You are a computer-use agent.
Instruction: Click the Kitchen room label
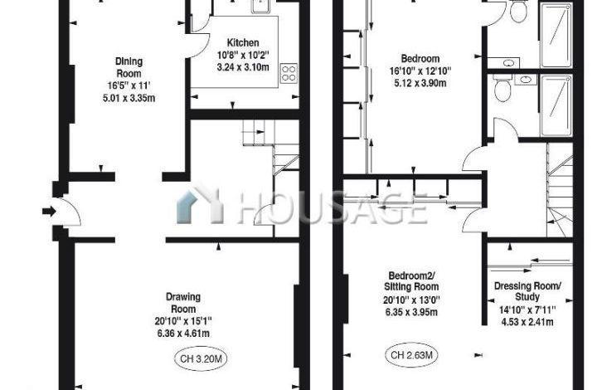[x=243, y=42]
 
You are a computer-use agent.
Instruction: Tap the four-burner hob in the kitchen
[x=289, y=73]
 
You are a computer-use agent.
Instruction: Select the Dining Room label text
[x=129, y=67]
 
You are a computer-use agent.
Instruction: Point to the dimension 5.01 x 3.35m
[x=129, y=99]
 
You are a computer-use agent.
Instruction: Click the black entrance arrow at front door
[x=49, y=211]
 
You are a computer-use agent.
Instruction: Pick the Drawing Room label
[x=183, y=303]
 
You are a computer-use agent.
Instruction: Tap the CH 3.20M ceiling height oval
[x=201, y=359]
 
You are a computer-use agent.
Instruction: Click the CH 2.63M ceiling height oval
[x=411, y=355]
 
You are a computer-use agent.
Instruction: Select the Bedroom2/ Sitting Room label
[x=411, y=280]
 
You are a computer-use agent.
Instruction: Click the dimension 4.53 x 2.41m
[x=527, y=322]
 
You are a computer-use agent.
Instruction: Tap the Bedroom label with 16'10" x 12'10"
[x=420, y=59]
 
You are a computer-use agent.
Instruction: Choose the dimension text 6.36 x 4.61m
[x=183, y=334]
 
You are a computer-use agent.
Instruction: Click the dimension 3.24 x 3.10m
[x=243, y=67]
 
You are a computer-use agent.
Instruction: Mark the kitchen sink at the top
[x=261, y=6]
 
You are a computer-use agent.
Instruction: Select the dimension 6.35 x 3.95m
[x=411, y=312]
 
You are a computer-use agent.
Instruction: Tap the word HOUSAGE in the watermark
[x=332, y=208]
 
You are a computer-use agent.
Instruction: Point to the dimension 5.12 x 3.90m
[x=420, y=83]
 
